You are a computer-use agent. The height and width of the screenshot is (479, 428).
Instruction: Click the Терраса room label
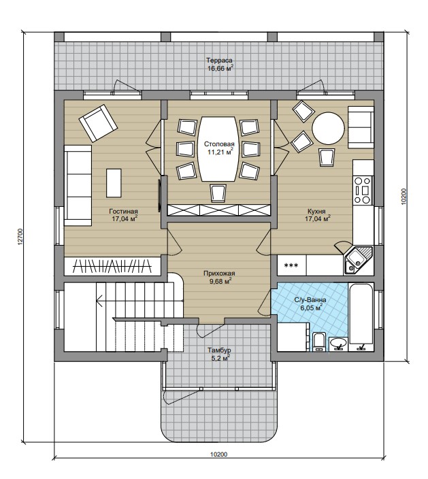[219, 61]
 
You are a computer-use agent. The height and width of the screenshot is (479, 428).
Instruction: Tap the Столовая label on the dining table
[219, 144]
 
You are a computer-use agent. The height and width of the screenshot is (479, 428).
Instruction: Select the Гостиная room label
[123, 211]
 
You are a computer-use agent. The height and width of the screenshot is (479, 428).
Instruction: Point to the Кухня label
[316, 211]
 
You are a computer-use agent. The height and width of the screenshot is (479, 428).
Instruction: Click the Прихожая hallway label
[219, 274]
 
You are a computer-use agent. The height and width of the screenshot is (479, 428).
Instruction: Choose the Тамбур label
[219, 350]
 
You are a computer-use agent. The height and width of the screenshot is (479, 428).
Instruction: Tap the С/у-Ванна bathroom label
[310, 300]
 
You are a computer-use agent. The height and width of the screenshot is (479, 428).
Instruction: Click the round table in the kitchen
[328, 129]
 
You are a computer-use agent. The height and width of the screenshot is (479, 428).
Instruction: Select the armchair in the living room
[98, 123]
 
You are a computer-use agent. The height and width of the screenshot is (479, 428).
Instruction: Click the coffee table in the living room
[114, 183]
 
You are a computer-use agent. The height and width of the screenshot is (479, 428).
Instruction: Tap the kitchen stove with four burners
[363, 191]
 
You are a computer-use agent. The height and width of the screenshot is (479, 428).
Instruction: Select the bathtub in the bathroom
[361, 317]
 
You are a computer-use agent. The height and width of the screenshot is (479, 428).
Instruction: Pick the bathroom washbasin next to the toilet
[338, 343]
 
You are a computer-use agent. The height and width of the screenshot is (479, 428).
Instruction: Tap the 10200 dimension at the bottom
[218, 455]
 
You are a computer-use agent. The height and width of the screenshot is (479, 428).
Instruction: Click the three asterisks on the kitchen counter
[291, 265]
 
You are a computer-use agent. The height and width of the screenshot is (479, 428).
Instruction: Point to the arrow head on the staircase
[99, 301]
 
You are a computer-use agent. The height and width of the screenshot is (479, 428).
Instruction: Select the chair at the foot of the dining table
[218, 193]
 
